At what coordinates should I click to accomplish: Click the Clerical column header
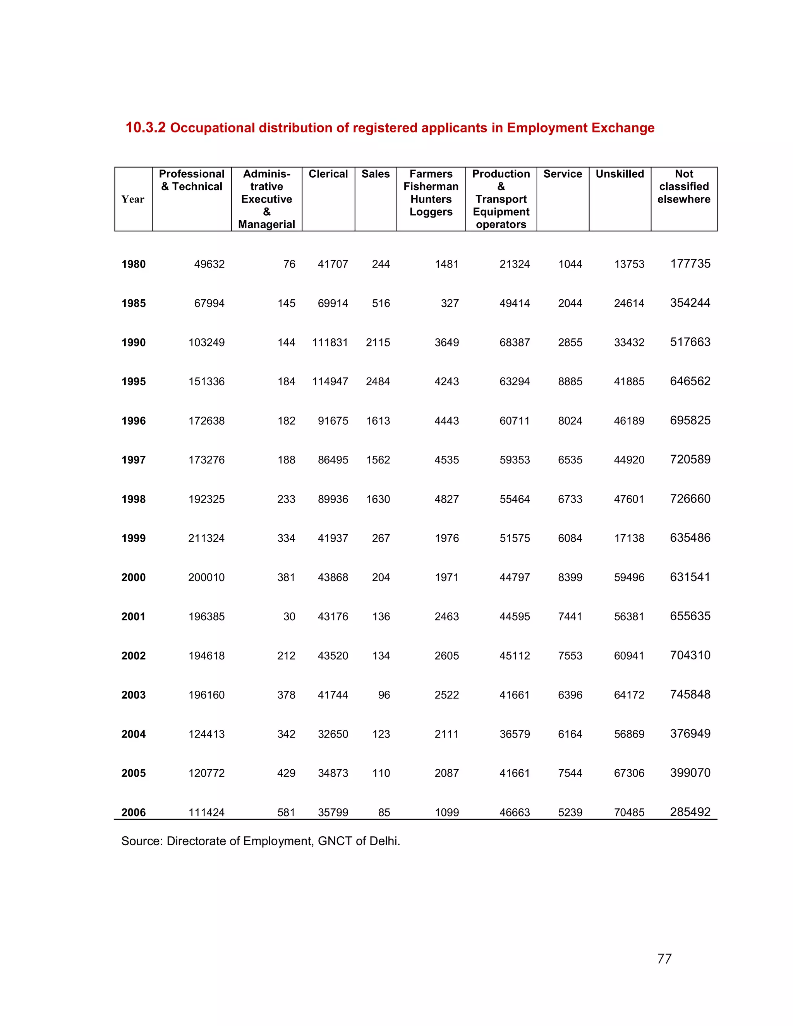(328, 174)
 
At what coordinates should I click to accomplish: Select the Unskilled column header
(620, 174)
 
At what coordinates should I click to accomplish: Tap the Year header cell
(132, 199)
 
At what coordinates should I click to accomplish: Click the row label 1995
(134, 381)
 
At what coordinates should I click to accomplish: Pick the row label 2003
(134, 695)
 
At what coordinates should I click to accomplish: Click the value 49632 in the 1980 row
(209, 264)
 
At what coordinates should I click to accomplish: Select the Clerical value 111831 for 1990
(330, 343)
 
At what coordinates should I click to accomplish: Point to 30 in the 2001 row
(289, 616)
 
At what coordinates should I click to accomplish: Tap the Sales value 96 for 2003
(384, 695)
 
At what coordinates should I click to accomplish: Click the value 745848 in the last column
(690, 694)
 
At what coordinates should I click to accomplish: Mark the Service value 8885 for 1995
(570, 381)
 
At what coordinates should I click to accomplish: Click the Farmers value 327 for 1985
(449, 304)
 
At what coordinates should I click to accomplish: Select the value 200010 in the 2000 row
(206, 577)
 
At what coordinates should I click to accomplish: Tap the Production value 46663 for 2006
(515, 812)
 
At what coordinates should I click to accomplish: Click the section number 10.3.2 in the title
(145, 128)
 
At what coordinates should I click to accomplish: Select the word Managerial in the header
(266, 225)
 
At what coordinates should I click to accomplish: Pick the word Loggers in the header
(431, 212)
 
